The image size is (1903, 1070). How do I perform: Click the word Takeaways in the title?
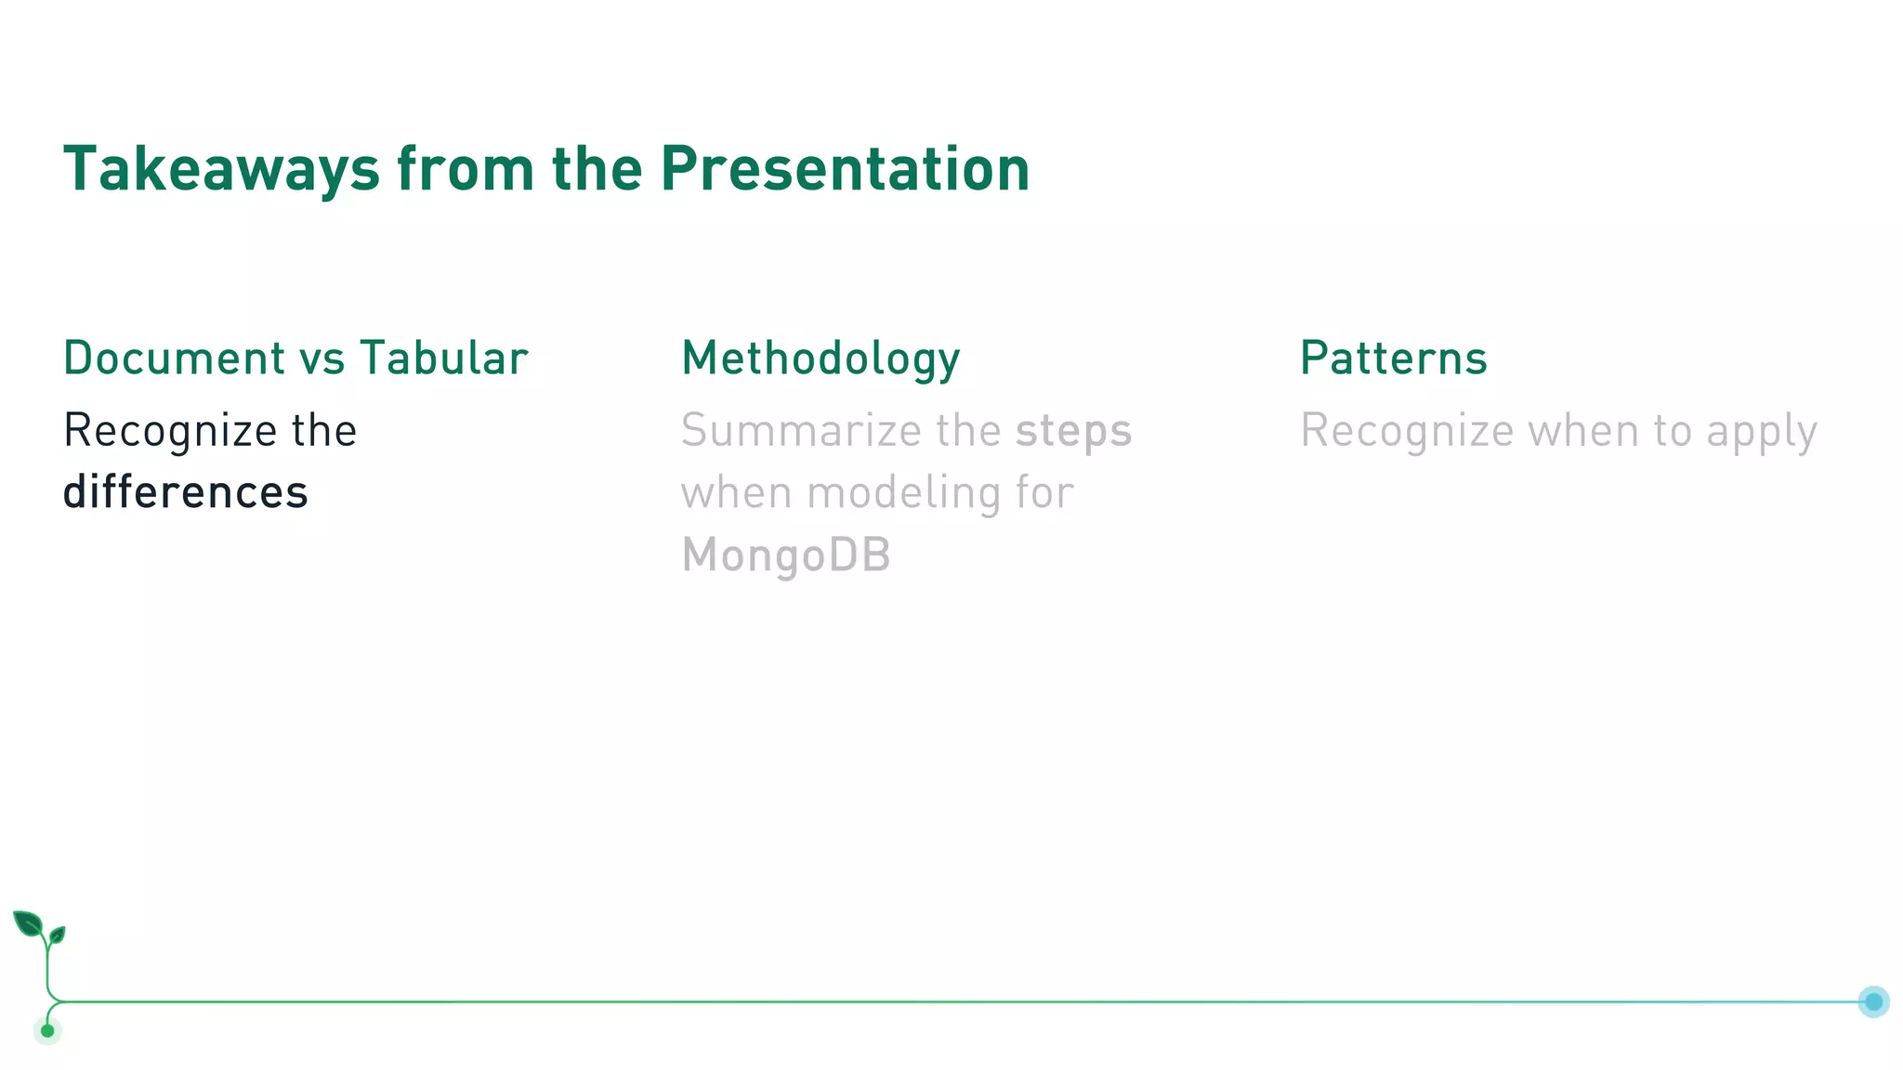click(x=221, y=170)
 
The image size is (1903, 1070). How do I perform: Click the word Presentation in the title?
click(x=845, y=170)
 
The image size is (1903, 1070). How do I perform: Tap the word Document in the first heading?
click(x=174, y=359)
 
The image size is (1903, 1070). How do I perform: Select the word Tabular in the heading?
click(x=444, y=359)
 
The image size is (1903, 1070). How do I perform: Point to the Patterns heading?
click(x=1393, y=359)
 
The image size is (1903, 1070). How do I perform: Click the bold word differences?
click(x=185, y=492)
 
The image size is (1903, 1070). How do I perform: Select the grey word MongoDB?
click(x=786, y=555)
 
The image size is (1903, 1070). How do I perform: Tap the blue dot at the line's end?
click(x=1873, y=1001)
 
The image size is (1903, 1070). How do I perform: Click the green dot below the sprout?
click(x=47, y=1030)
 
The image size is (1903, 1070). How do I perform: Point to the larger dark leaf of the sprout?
click(x=28, y=924)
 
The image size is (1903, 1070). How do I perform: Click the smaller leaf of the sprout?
click(x=58, y=934)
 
